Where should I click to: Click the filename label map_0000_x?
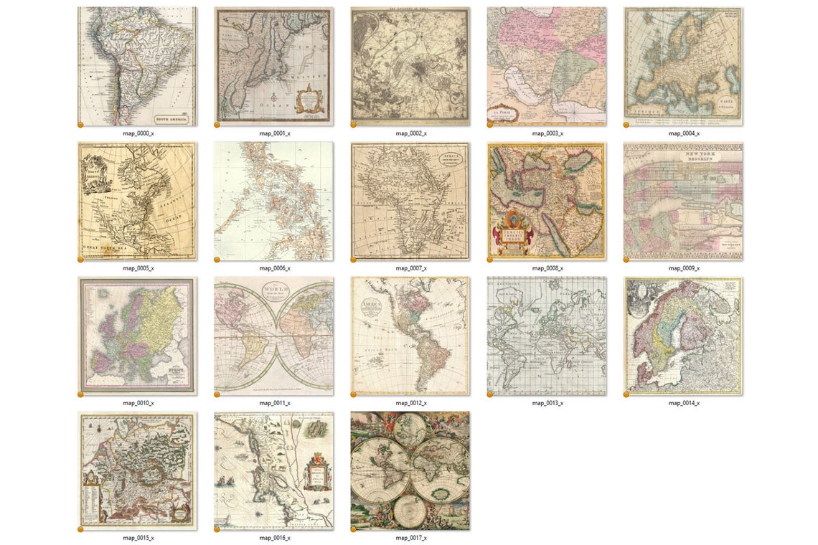[138, 133]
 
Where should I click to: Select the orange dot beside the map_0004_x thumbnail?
[626, 125]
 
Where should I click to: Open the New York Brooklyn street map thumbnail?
[683, 201]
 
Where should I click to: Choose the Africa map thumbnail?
[410, 201]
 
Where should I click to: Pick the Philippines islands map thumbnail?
[273, 201]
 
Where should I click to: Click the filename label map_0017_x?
[411, 538]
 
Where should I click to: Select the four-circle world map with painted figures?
[410, 470]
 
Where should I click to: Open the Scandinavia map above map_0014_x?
[683, 336]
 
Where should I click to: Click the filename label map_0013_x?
[547, 403]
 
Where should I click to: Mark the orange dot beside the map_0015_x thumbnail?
[80, 529]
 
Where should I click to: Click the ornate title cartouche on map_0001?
[309, 99]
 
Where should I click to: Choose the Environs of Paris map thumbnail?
[410, 66]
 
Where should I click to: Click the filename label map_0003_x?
[547, 133]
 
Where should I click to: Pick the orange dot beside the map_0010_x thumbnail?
[80, 394]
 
